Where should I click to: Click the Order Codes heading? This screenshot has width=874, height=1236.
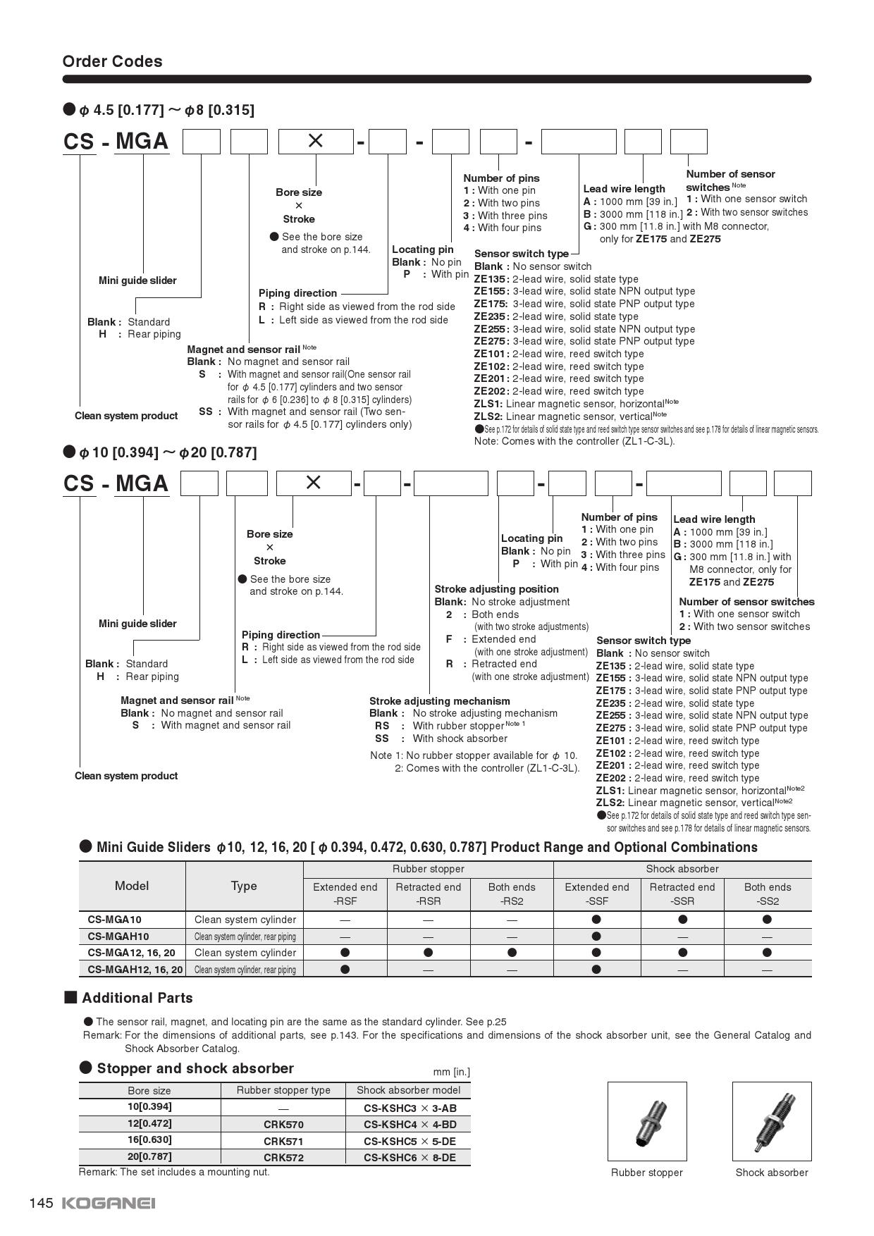(x=112, y=61)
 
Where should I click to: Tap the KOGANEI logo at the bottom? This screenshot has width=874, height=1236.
(x=109, y=1203)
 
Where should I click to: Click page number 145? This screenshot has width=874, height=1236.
(x=41, y=1203)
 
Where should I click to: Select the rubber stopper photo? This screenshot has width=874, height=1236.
(x=646, y=1121)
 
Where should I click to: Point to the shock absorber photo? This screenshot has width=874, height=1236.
(x=771, y=1121)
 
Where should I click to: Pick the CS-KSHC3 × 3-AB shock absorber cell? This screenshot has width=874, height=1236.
(x=410, y=1108)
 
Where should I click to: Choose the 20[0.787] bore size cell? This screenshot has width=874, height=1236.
(x=149, y=1156)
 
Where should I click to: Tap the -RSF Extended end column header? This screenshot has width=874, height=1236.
(x=345, y=894)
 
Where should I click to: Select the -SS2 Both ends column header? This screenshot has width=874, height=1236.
(x=767, y=894)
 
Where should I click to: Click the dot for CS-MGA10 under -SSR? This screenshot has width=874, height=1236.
(x=682, y=919)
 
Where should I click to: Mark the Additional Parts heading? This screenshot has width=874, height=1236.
(x=137, y=998)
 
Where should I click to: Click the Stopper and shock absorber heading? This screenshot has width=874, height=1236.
(x=195, y=1068)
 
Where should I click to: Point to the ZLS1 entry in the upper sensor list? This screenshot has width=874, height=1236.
(x=488, y=404)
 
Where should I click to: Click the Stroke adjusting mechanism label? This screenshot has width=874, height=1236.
(x=439, y=701)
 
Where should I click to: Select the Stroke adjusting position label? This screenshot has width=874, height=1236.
(x=496, y=589)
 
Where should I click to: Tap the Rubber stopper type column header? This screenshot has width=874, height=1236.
(x=283, y=1090)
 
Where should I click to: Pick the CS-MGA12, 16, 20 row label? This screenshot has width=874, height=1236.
(x=131, y=953)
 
